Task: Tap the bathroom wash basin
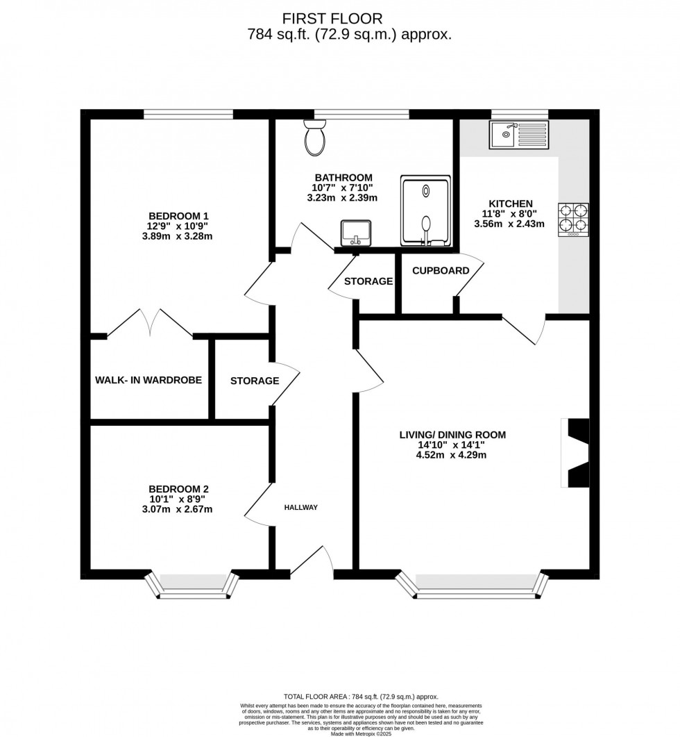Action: click(x=355, y=233)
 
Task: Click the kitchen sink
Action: click(x=518, y=135)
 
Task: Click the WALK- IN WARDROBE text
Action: click(x=148, y=380)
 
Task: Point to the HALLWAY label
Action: click(x=300, y=508)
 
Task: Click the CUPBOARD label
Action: click(x=441, y=270)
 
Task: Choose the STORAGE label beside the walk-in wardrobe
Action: click(x=255, y=381)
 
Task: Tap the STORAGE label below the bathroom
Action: click(x=369, y=281)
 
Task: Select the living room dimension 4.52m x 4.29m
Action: click(x=452, y=456)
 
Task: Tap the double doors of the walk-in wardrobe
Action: click(x=150, y=324)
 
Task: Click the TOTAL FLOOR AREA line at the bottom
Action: click(x=361, y=696)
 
